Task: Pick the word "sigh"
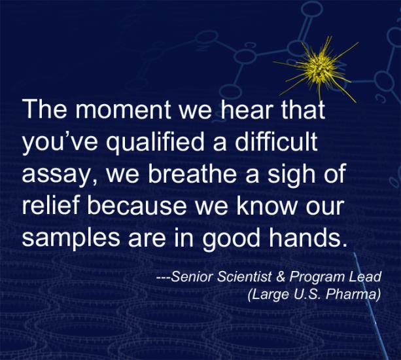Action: [291, 174]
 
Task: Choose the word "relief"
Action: [50, 206]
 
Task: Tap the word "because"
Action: [137, 206]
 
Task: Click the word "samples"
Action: [71, 238]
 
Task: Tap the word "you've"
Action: [60, 141]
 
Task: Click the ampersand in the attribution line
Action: [280, 277]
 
